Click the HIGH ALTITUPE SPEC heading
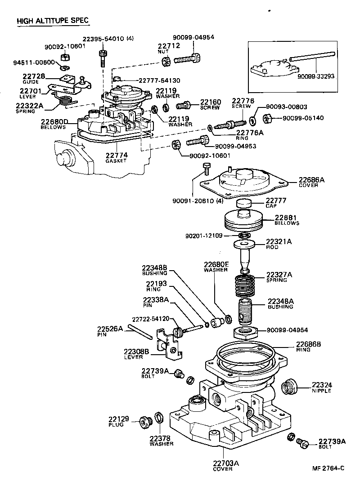coord(52,21)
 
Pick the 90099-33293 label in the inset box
coord(316,77)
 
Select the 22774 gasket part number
coord(117,155)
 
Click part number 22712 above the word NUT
coord(169,46)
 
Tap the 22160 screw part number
coord(211,102)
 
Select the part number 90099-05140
coord(301,118)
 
